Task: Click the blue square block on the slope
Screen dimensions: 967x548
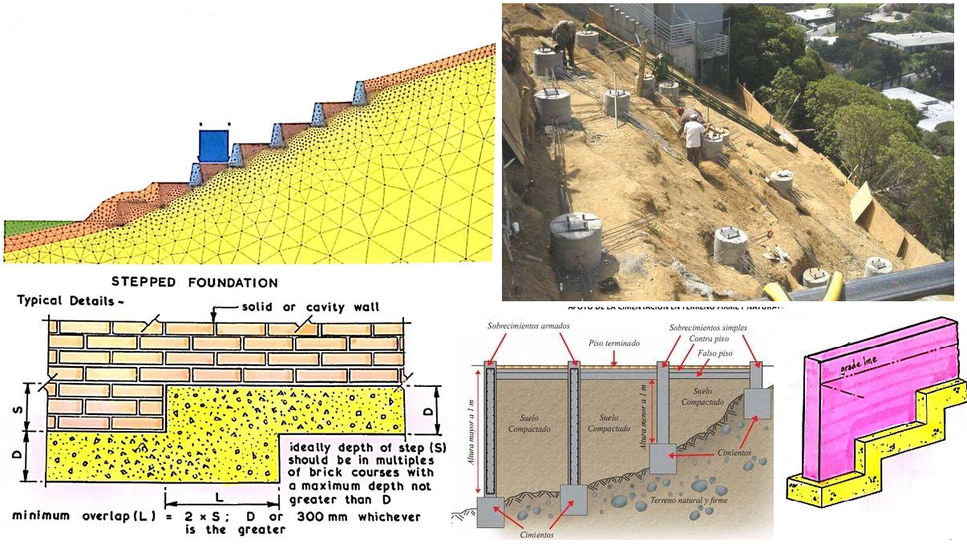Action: pyautogui.click(x=213, y=145)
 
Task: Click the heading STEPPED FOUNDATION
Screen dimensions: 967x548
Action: pyautogui.click(x=195, y=283)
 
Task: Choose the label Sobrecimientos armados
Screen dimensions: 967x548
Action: pyautogui.click(x=524, y=327)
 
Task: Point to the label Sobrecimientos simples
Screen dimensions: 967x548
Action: pyautogui.click(x=706, y=328)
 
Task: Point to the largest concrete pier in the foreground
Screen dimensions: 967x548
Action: pyautogui.click(x=575, y=240)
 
